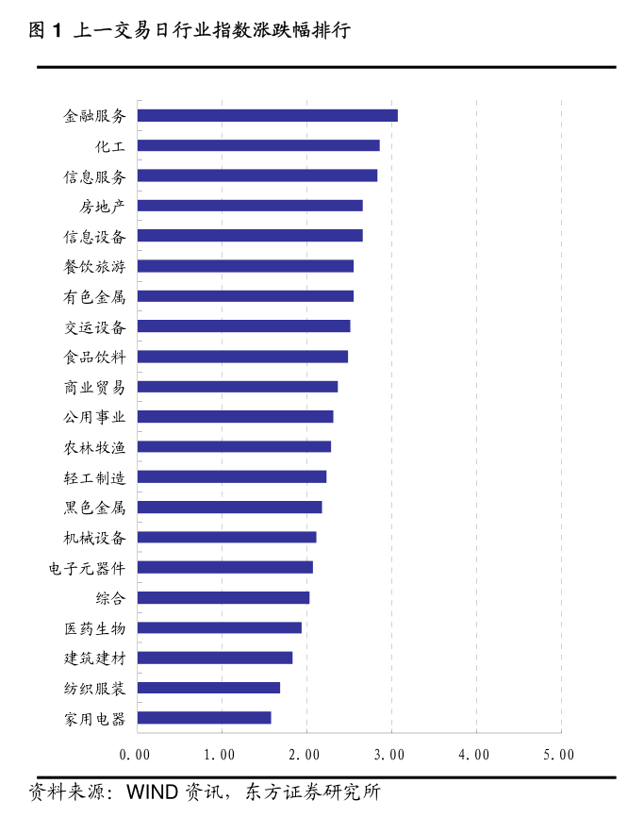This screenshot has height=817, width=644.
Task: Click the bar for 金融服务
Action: (x=267, y=115)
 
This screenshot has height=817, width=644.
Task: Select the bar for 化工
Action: (x=258, y=145)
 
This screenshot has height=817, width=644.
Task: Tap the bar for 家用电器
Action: (x=204, y=718)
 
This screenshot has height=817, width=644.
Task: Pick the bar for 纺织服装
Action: (x=208, y=688)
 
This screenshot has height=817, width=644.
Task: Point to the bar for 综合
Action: (x=223, y=597)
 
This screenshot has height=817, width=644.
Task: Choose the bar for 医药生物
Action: (x=219, y=627)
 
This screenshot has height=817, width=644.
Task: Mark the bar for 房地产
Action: (x=250, y=206)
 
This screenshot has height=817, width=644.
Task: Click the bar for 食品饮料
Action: (x=242, y=357)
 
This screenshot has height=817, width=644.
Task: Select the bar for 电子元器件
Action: (x=224, y=567)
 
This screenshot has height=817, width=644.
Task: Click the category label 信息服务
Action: (x=94, y=176)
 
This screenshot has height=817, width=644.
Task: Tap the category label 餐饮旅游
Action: (x=94, y=267)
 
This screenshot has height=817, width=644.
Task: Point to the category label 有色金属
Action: (x=94, y=297)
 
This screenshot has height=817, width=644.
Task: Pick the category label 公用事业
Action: (x=94, y=417)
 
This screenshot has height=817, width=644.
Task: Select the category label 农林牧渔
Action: (x=94, y=447)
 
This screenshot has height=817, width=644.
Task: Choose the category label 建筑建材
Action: (x=94, y=659)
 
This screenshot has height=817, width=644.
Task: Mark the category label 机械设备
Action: (x=94, y=538)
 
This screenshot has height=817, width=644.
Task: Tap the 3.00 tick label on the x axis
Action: (x=389, y=755)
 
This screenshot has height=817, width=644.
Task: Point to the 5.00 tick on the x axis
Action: (x=559, y=755)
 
